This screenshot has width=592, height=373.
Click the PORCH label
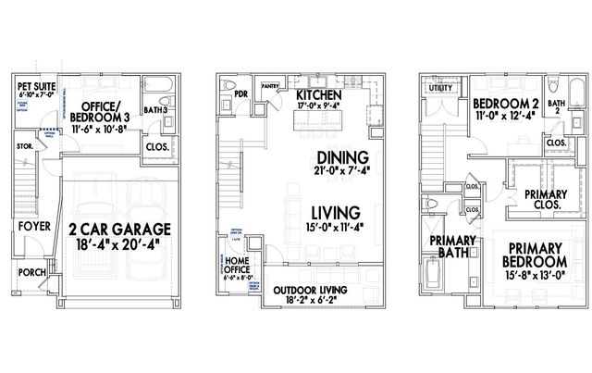(x=31, y=272)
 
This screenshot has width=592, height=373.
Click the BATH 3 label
(x=154, y=111)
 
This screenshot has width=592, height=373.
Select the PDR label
(x=240, y=93)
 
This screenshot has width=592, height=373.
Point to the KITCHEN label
(x=319, y=94)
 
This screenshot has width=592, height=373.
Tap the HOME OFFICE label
(x=241, y=267)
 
